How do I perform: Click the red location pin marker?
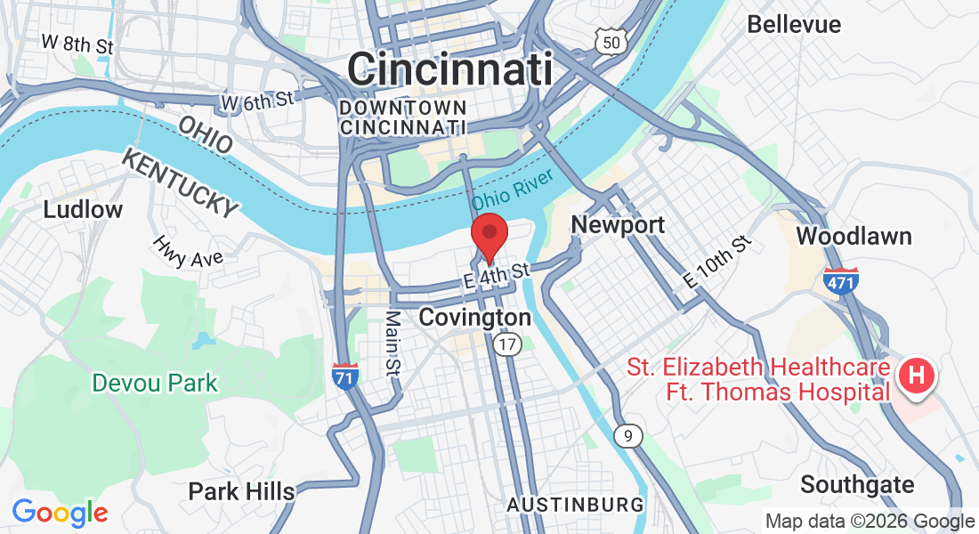[x=489, y=236]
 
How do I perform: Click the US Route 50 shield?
[x=610, y=41]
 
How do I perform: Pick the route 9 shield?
[x=628, y=435]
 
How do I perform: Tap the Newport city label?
[x=618, y=225]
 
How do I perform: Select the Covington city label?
[x=474, y=318]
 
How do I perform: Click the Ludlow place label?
[x=84, y=210]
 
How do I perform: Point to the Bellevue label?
[x=794, y=24]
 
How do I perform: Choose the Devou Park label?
[x=155, y=384]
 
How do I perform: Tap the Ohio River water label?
[x=513, y=190]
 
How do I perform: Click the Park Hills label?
[x=241, y=491]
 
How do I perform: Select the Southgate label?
[x=857, y=485]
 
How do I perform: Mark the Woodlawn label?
[x=854, y=236]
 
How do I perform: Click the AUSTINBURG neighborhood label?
[x=575, y=505]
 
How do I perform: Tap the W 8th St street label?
[x=77, y=43]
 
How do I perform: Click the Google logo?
[x=60, y=513]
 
